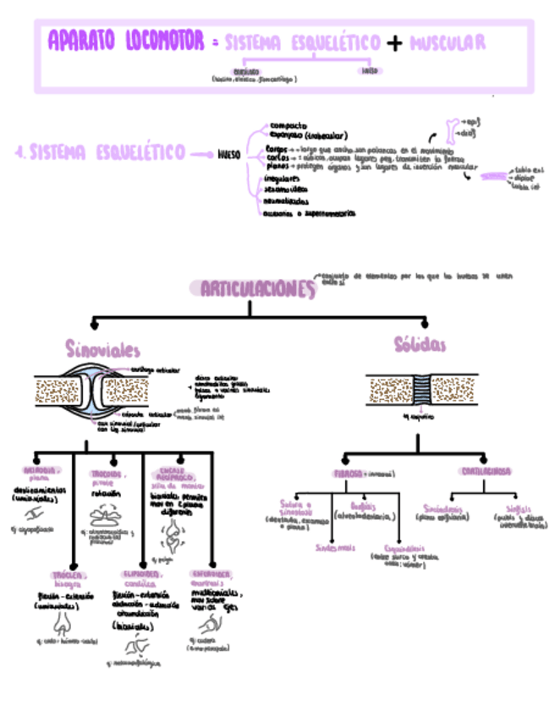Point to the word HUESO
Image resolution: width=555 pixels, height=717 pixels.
229,155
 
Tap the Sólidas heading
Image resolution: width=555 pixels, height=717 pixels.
420,345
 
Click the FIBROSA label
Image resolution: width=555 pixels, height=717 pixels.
347,473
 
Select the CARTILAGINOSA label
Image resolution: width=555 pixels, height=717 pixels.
486,471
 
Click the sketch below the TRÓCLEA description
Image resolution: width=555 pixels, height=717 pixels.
63,625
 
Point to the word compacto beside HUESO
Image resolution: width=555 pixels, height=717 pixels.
288,125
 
